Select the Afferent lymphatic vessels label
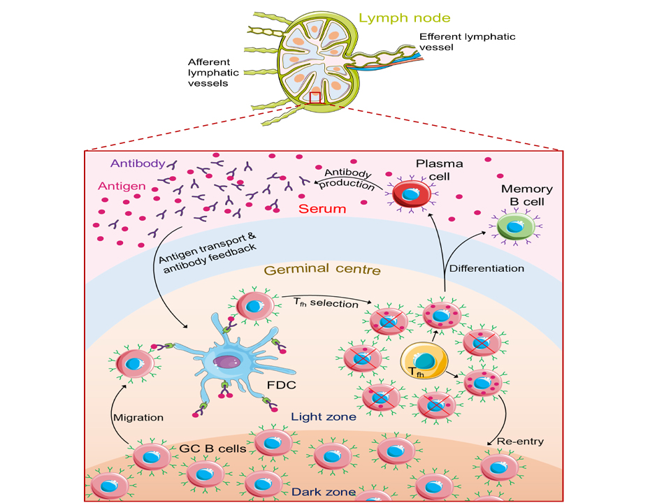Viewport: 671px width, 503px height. click(x=213, y=73)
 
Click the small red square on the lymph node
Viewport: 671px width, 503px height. click(x=315, y=98)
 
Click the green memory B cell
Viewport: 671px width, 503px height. click(x=516, y=226)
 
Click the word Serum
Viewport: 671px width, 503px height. click(x=318, y=209)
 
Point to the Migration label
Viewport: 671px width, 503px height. click(x=138, y=417)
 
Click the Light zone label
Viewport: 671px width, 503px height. click(x=319, y=417)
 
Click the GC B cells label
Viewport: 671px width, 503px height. click(x=214, y=448)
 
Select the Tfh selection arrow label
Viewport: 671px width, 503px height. click(x=325, y=304)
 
